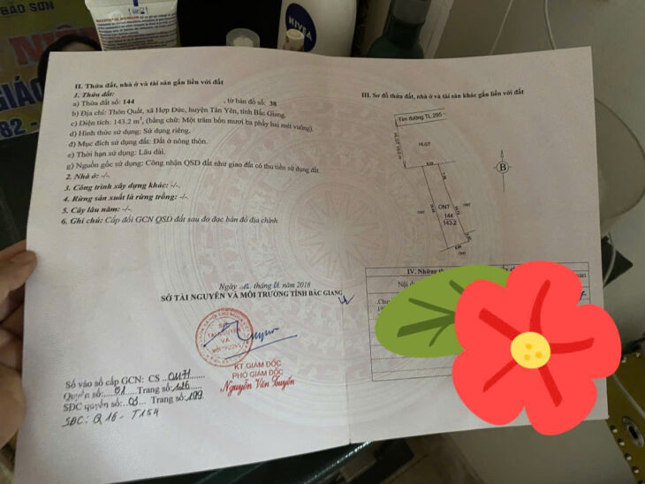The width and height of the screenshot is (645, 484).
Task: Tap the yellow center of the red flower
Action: click(x=530, y=351)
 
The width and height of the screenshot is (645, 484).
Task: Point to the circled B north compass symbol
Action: click(x=502, y=167)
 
